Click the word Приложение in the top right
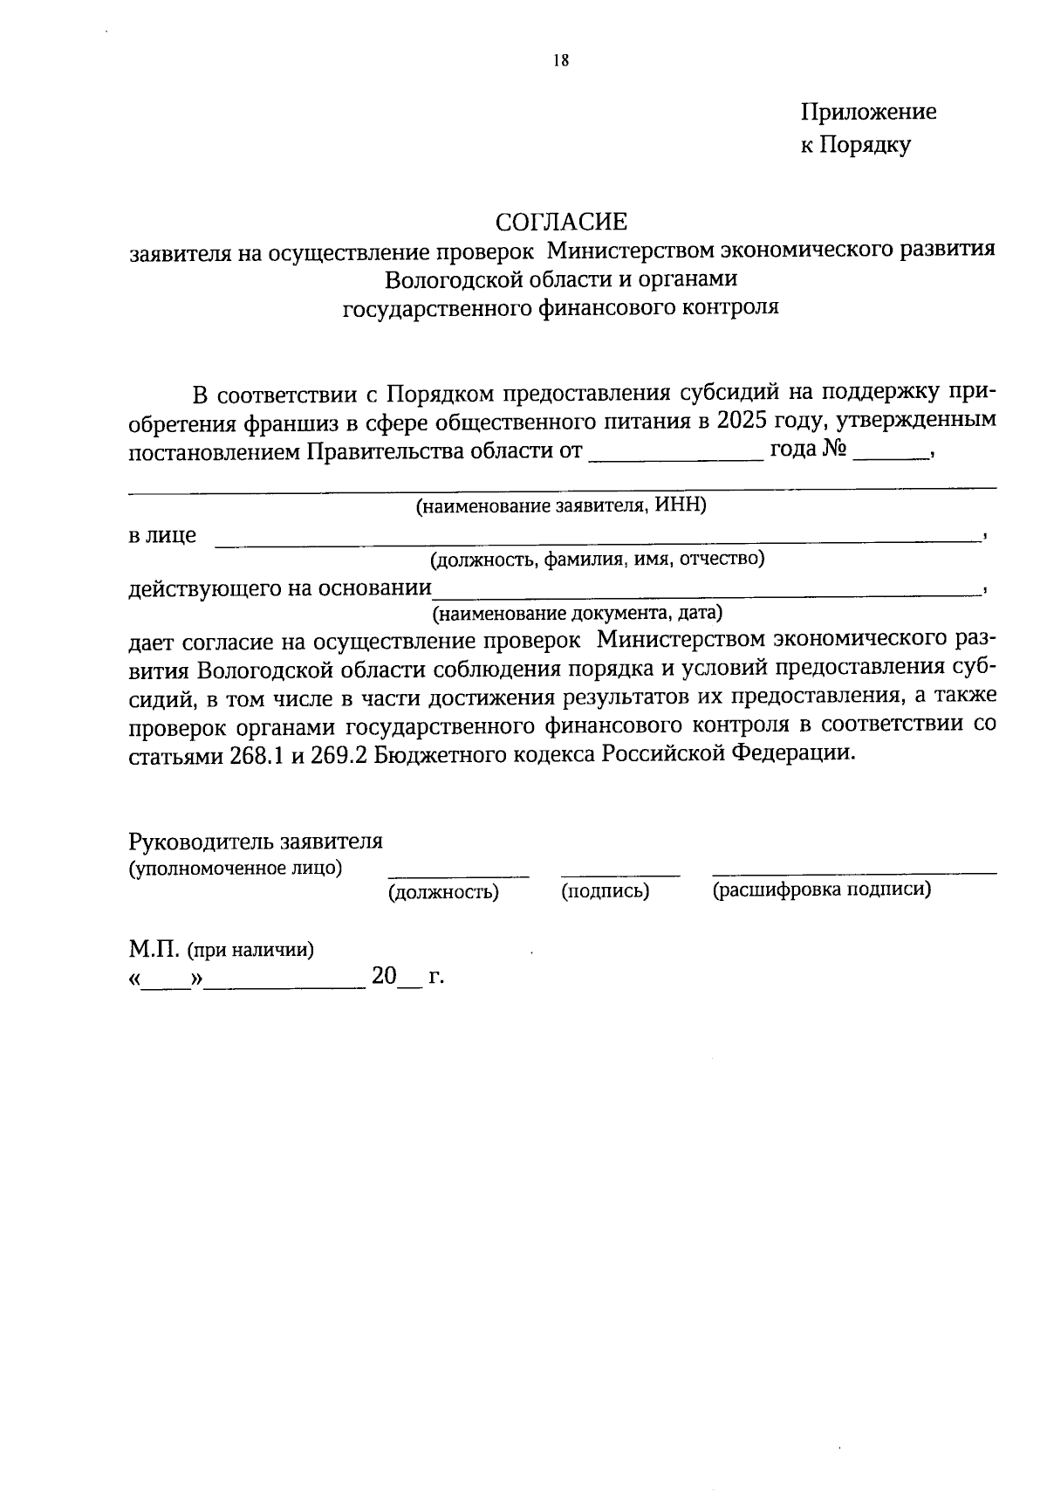[x=868, y=112]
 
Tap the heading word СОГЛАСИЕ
[x=561, y=221]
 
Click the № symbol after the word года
[x=835, y=450]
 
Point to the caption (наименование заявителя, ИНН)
[x=561, y=506]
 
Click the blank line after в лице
[x=598, y=541]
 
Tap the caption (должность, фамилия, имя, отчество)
[x=597, y=560]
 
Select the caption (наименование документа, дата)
[x=578, y=613]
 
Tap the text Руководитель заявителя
[x=256, y=842]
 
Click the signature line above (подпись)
[x=619, y=874]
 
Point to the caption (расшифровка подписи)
[x=821, y=890]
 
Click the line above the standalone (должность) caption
[x=458, y=874]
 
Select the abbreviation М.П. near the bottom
[x=154, y=949]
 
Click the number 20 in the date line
[x=384, y=976]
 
